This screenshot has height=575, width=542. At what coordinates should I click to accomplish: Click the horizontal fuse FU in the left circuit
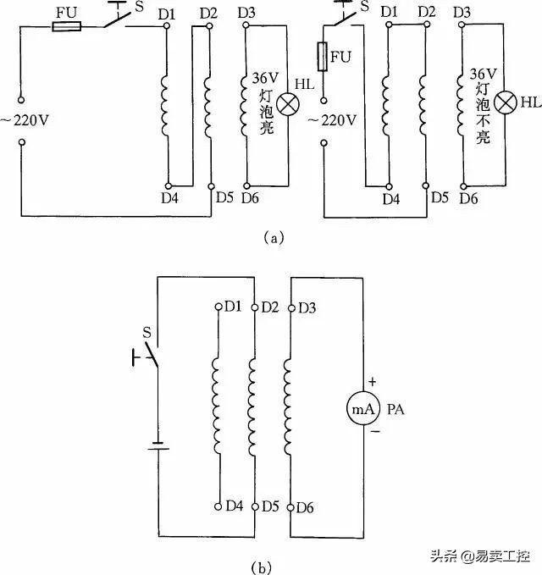(66, 26)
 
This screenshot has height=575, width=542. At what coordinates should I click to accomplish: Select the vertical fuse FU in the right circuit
(323, 58)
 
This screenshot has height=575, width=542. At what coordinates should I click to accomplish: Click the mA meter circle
(362, 411)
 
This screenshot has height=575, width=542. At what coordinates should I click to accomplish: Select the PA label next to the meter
(397, 411)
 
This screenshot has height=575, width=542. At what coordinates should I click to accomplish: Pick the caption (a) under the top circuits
(272, 239)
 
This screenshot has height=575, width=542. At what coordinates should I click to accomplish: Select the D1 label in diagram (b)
(235, 306)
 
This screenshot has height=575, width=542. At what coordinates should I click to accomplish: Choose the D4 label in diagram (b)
(235, 506)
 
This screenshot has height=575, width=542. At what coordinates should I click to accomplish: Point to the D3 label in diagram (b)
(307, 306)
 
